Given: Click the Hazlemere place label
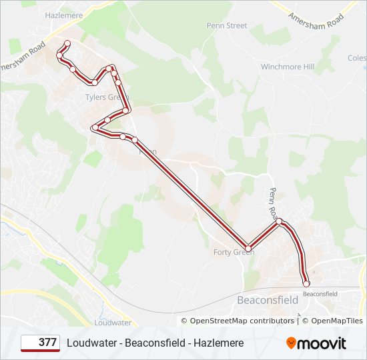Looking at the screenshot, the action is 63,14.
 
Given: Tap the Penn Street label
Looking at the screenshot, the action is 227,26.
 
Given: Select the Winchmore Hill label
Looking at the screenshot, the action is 287,67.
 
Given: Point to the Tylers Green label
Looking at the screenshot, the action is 100,97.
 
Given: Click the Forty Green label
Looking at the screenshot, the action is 234,252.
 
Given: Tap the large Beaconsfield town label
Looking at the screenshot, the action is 268,300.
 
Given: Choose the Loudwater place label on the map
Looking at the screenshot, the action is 113,323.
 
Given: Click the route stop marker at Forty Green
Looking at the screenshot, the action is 248,249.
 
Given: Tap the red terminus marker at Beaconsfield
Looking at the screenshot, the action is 306,284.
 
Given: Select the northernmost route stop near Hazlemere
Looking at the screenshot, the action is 66,44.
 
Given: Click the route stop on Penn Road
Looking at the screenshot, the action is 279,221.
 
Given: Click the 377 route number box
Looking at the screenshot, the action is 40,343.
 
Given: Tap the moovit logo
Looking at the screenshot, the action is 316,343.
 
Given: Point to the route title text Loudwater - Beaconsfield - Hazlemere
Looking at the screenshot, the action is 155,343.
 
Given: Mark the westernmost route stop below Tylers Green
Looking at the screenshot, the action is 95,127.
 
